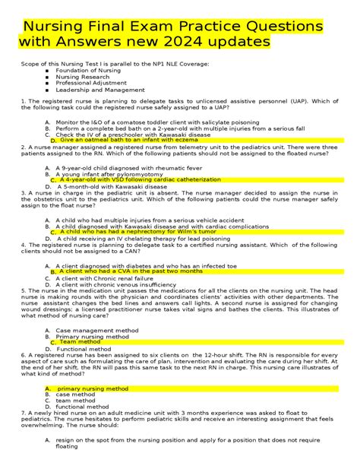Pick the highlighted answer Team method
coord(80,341)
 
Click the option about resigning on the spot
coord(190,441)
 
